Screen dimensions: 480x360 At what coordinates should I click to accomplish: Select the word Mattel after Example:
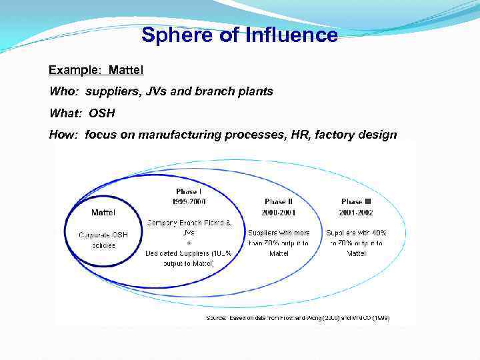coord(126,69)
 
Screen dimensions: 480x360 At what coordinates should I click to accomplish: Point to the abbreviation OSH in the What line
coord(101,113)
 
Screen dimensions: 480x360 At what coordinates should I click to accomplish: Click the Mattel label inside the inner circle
coord(103,212)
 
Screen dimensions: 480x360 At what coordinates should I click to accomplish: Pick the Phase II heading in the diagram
coord(279,201)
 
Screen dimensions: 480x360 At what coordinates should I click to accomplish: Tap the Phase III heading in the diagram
coord(357,201)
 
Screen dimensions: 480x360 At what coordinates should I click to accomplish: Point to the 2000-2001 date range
coord(279,212)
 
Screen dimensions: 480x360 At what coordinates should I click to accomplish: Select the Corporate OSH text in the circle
coord(103,235)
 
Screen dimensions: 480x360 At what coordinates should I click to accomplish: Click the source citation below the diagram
coord(297,318)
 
